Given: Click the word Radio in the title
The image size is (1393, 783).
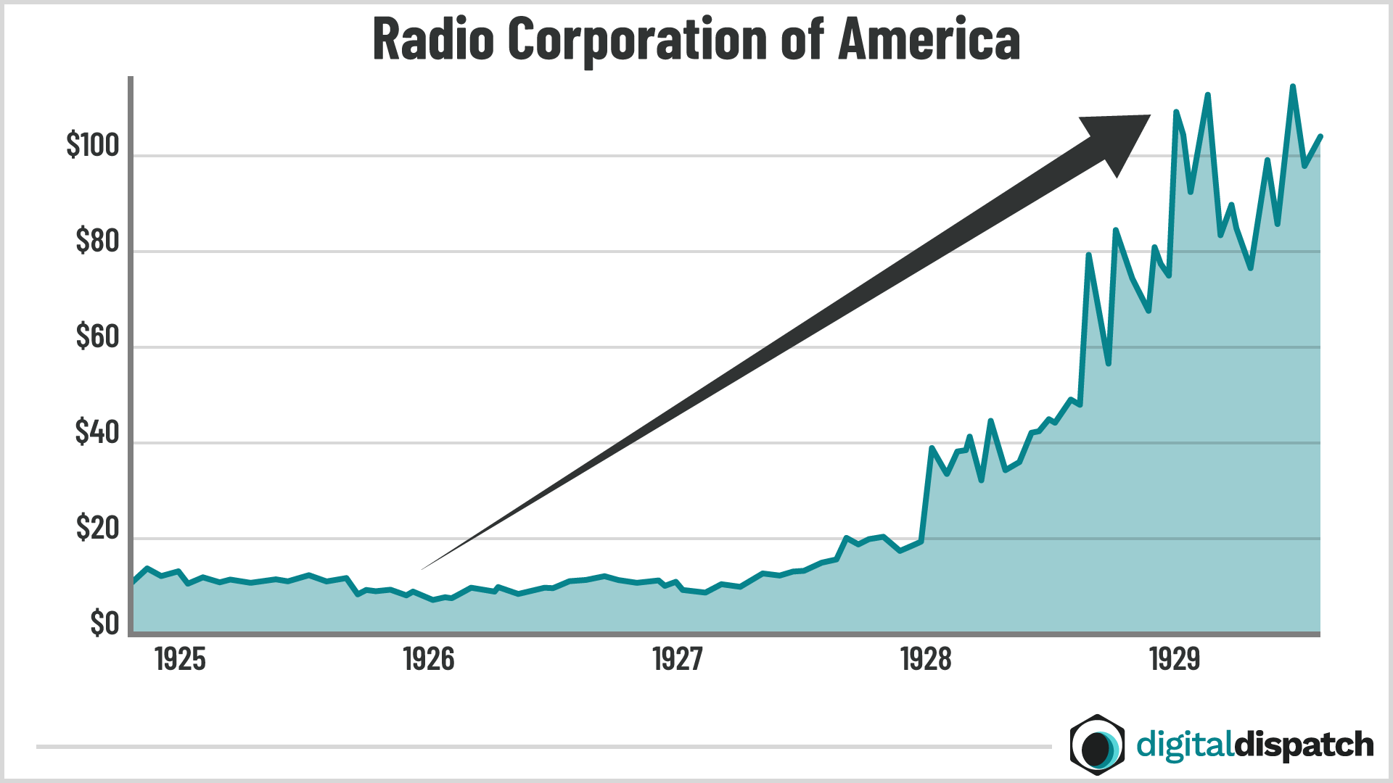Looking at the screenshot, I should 433,39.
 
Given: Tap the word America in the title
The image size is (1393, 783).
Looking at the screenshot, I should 929,39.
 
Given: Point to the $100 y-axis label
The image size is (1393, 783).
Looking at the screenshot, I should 92,146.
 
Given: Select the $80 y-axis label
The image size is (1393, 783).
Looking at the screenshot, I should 96,241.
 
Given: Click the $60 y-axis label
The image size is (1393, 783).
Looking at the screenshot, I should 96,337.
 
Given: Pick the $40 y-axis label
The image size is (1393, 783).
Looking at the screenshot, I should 96,433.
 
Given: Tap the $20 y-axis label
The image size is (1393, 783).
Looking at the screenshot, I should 96,529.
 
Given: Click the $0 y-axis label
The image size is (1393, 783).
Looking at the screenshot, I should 104,623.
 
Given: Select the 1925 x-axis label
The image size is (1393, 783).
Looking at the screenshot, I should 180,660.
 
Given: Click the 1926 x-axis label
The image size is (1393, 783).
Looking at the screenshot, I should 429,660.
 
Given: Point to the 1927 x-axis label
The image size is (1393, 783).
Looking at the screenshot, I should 678,660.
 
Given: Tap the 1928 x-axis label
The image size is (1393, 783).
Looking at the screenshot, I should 926,660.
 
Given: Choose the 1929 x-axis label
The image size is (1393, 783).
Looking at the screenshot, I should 1175,660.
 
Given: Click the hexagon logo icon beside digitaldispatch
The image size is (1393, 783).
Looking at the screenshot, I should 1097,745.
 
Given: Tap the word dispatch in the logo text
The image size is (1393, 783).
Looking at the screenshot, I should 1304,745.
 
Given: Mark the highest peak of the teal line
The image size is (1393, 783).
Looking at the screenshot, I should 1293,86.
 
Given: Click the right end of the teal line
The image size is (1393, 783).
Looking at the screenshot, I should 1320,136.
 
